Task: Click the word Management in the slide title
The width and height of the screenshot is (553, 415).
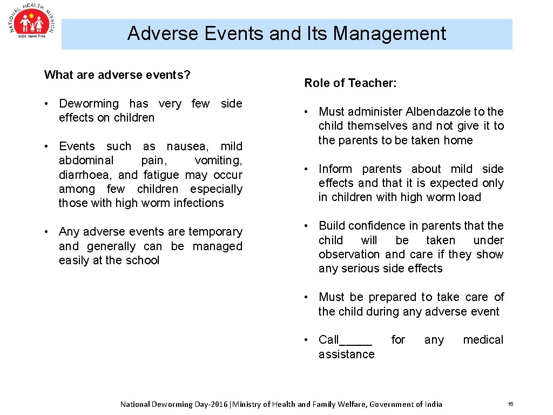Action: pyautogui.click(x=389, y=34)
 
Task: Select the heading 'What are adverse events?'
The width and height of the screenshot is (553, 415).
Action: pyautogui.click(x=117, y=75)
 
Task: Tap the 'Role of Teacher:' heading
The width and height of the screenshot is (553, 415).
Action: pyautogui.click(x=350, y=83)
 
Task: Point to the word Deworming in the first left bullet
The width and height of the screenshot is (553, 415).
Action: pyautogui.click(x=89, y=104)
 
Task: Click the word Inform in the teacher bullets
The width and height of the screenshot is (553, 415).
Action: pyautogui.click(x=335, y=169)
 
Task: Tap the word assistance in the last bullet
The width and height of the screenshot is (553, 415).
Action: pyautogui.click(x=346, y=354)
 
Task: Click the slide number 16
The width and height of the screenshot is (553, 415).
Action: pyautogui.click(x=510, y=404)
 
